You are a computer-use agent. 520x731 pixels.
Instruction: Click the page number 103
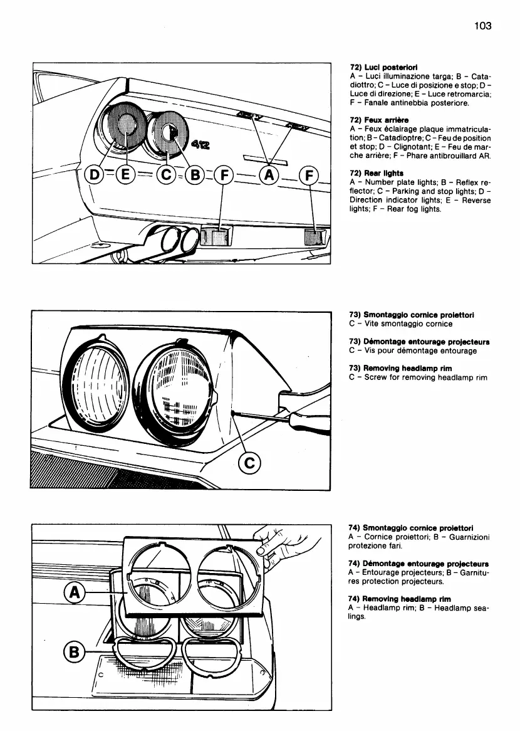[482, 26]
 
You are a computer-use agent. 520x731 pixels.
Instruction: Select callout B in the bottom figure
[73, 653]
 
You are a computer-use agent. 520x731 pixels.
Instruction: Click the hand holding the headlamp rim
[288, 545]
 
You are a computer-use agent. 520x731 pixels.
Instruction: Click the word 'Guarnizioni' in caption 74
[467, 537]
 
